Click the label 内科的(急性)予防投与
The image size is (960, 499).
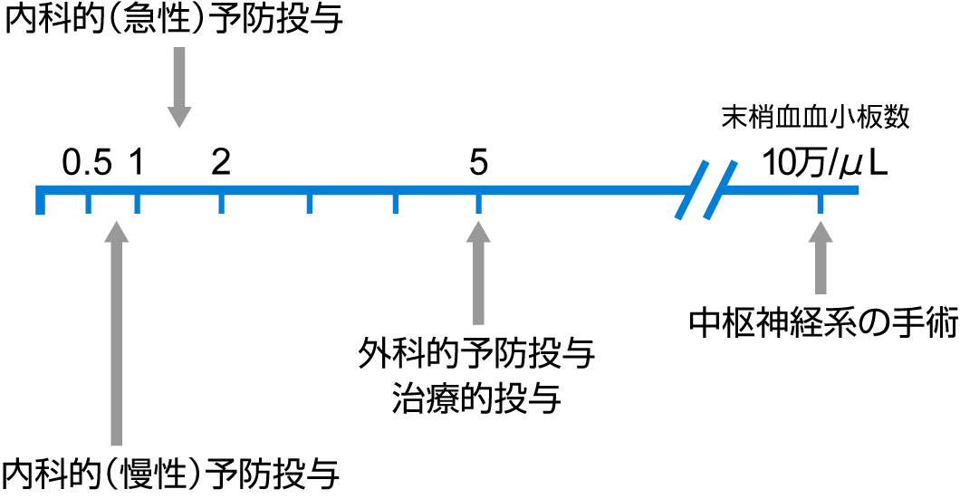pyautogui.click(x=175, y=20)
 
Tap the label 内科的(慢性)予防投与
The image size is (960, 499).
pyautogui.click(x=172, y=472)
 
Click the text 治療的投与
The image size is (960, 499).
pyautogui.click(x=476, y=398)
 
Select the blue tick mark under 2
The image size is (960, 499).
pyautogui.click(x=221, y=203)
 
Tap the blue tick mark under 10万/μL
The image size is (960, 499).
pyautogui.click(x=821, y=203)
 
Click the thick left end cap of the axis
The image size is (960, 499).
pyautogui.click(x=40, y=201)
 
